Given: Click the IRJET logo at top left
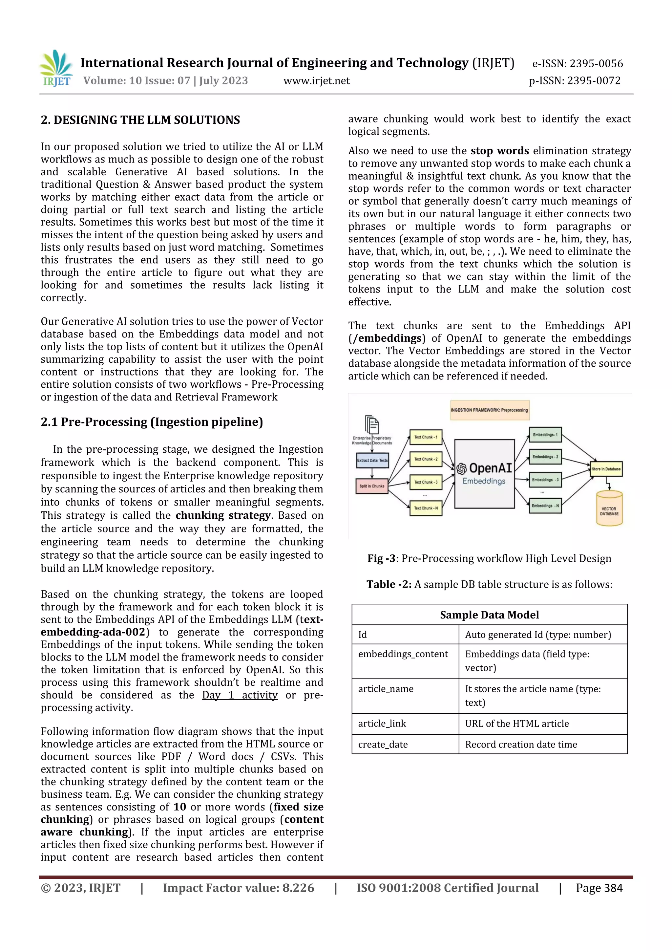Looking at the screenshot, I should click(57, 68).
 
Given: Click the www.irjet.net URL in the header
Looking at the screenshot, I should click(316, 81).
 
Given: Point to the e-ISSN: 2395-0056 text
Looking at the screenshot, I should click(577, 63).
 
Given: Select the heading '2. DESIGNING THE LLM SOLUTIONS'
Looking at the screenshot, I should click(140, 120).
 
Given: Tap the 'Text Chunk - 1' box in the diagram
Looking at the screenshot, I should click(425, 437).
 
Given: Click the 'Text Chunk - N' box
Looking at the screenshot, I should click(425, 508).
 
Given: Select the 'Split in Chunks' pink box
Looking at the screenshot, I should click(371, 486).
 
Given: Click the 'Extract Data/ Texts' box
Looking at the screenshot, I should click(372, 460).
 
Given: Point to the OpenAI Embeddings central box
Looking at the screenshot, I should click(484, 474).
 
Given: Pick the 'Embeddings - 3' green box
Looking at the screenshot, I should click(545, 480).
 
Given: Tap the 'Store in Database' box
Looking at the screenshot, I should click(606, 469).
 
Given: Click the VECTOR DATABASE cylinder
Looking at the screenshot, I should click(609, 508).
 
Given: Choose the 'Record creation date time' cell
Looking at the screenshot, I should click(520, 744).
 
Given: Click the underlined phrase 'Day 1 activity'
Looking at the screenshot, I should click(239, 695).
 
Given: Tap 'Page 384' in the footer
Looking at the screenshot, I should click(599, 888).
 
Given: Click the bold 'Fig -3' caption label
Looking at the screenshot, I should click(381, 558).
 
